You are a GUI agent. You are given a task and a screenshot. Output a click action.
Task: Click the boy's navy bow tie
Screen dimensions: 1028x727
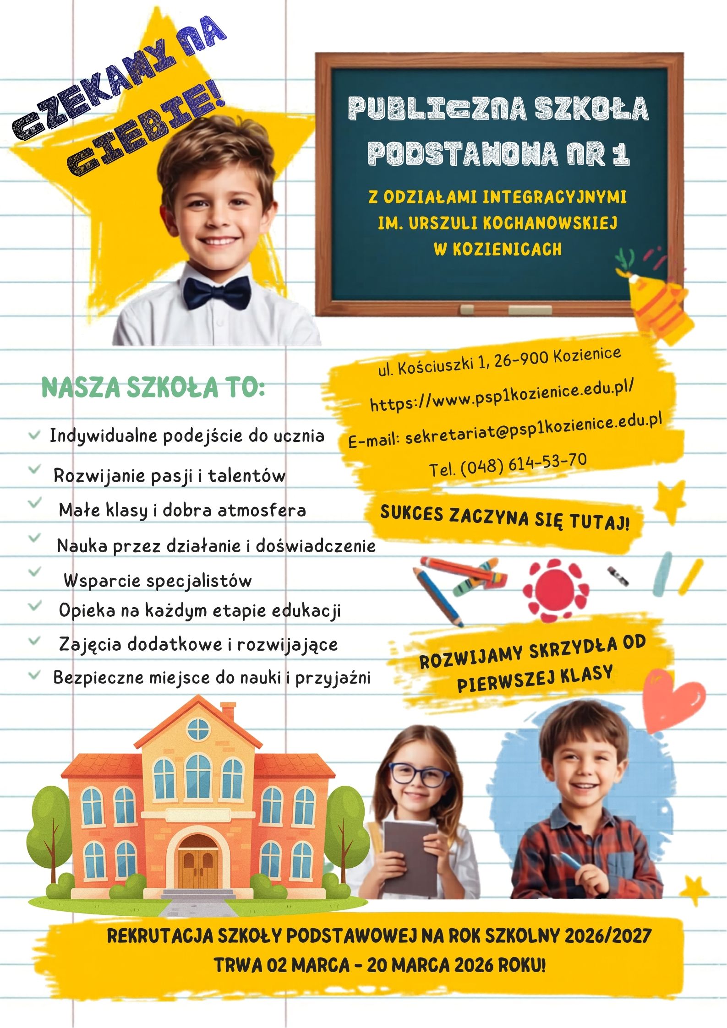[x=217, y=291]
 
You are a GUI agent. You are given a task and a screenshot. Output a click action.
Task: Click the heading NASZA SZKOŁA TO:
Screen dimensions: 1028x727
[x=153, y=387]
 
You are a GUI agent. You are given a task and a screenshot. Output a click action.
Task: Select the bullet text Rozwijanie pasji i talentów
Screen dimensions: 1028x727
[x=169, y=475]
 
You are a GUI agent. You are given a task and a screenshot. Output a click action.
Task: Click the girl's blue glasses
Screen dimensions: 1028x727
[x=418, y=775]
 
